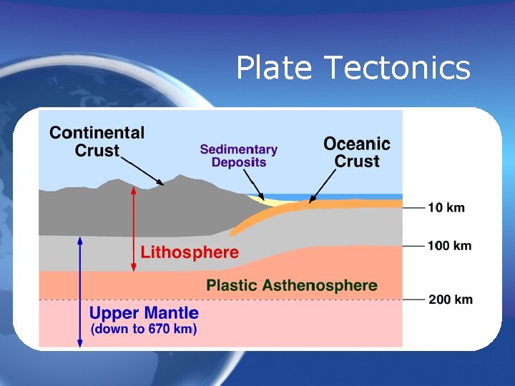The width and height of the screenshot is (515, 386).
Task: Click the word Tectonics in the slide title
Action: pos(397,69)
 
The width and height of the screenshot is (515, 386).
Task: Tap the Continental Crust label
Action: pos(97,142)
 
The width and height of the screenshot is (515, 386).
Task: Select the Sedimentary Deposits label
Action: pos(239,156)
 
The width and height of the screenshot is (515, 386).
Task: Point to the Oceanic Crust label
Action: pos(357,152)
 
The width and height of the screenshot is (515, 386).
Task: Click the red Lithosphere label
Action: pos(190,252)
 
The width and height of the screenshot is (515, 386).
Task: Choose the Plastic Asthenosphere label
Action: pos(292,286)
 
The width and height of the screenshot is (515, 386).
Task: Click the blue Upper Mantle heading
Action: pos(144,313)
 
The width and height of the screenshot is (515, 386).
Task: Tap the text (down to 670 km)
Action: pos(144,330)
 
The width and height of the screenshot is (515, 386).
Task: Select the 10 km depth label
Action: pos(446,208)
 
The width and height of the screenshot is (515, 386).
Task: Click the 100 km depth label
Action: pos(449,246)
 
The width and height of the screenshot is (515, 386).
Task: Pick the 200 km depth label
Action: pos(450,299)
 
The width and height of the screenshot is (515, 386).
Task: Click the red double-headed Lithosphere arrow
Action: pos(133,229)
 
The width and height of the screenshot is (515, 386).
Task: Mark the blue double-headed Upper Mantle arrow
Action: pos(80,293)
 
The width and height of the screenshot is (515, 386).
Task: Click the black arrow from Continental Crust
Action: pos(142,170)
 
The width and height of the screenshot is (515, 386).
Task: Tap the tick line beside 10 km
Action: pos(414,208)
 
